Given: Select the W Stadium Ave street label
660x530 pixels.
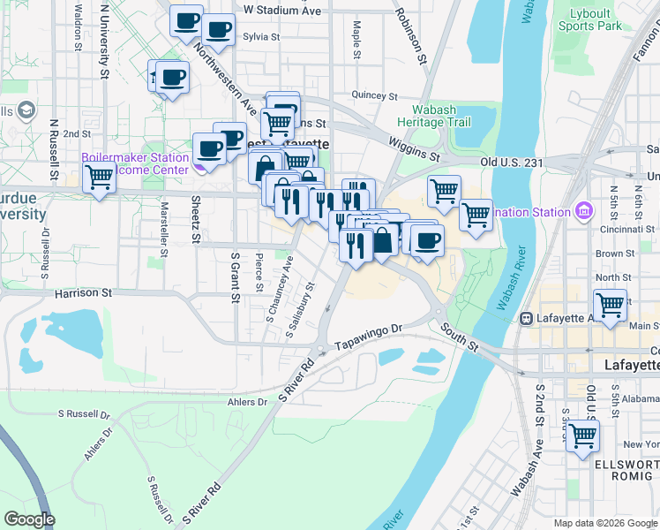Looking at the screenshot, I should point(282,11).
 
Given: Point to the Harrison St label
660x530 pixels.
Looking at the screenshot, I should point(84,291).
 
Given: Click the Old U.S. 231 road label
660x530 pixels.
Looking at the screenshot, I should point(512,163).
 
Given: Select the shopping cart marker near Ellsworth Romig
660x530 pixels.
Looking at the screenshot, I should point(582,435).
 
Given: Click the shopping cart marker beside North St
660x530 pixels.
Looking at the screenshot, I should point(610,305).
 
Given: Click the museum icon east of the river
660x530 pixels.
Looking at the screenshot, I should point(583,211).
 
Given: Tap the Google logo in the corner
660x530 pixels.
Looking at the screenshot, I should point(29,519).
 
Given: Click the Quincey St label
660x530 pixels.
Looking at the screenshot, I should point(369,95).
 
